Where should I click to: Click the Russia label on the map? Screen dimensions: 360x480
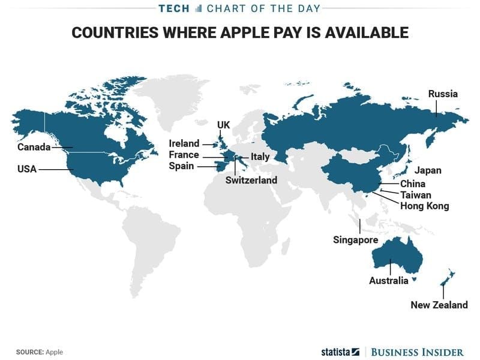pyautogui.click(x=443, y=94)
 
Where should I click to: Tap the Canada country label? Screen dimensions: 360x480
pyautogui.click(x=34, y=147)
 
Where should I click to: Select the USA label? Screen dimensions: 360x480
pyautogui.click(x=27, y=170)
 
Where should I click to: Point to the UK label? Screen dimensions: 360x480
pyautogui.click(x=223, y=125)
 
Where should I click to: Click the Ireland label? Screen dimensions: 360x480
pyautogui.click(x=184, y=144)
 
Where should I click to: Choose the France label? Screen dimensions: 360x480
pyautogui.click(x=184, y=155)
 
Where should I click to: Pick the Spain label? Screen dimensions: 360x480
pyautogui.click(x=181, y=166)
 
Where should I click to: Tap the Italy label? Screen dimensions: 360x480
pyautogui.click(x=260, y=157)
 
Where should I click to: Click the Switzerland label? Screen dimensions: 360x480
pyautogui.click(x=251, y=180)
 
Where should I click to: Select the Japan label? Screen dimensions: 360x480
pyautogui.click(x=428, y=171)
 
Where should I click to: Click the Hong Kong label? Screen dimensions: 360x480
pyautogui.click(x=424, y=206)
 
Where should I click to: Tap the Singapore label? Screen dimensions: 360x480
pyautogui.click(x=355, y=240)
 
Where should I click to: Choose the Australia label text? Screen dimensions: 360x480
pyautogui.click(x=388, y=281)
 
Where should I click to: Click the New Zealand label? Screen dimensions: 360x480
pyautogui.click(x=439, y=305)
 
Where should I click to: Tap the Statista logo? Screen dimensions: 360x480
pyautogui.click(x=338, y=352)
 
